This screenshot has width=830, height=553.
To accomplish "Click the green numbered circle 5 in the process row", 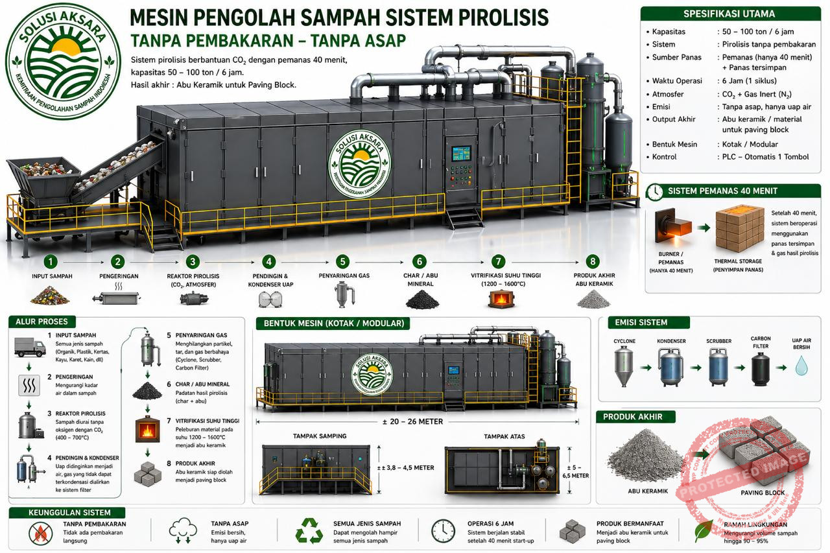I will [x=342, y=261].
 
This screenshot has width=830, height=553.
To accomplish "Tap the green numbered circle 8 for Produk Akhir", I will [x=591, y=261].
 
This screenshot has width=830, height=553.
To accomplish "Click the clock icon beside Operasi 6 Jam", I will [x=443, y=530].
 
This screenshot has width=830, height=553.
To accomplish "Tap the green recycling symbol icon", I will [x=309, y=530].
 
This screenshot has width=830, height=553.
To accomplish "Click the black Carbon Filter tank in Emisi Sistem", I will [x=760, y=368].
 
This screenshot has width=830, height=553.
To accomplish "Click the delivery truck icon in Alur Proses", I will [x=30, y=348].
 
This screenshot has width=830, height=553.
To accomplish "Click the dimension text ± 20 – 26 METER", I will [x=412, y=421].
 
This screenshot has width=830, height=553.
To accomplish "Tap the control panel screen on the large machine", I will [x=460, y=154].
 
